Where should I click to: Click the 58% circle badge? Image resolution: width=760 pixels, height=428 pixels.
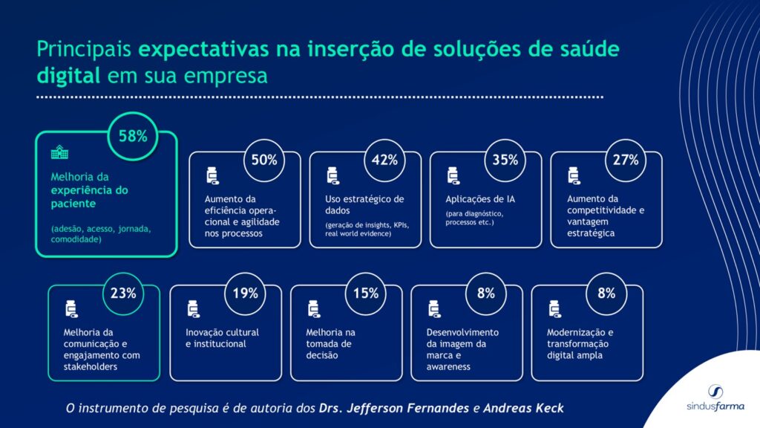[134, 136]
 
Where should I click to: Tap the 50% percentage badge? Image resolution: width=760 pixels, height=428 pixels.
[263, 160]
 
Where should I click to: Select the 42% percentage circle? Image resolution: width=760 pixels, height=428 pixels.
[384, 160]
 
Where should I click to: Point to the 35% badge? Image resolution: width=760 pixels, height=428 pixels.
[505, 160]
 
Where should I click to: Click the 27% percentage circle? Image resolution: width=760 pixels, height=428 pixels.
[625, 160]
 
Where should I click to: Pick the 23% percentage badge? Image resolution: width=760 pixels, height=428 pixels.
[123, 293]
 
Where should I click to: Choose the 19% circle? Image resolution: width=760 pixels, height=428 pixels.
[245, 293]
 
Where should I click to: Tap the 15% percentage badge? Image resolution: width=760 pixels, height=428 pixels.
[365, 293]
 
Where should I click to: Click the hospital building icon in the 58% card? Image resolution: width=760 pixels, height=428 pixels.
[58, 152]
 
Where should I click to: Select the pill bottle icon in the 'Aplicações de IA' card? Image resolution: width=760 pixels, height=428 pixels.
[453, 176]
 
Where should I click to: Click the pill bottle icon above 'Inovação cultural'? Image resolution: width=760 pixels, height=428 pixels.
[193, 308]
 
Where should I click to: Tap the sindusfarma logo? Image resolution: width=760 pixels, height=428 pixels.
[715, 398]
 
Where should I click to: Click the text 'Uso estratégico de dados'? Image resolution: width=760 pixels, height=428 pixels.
[364, 204]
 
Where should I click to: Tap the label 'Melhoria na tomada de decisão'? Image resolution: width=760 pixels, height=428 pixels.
[331, 343]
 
